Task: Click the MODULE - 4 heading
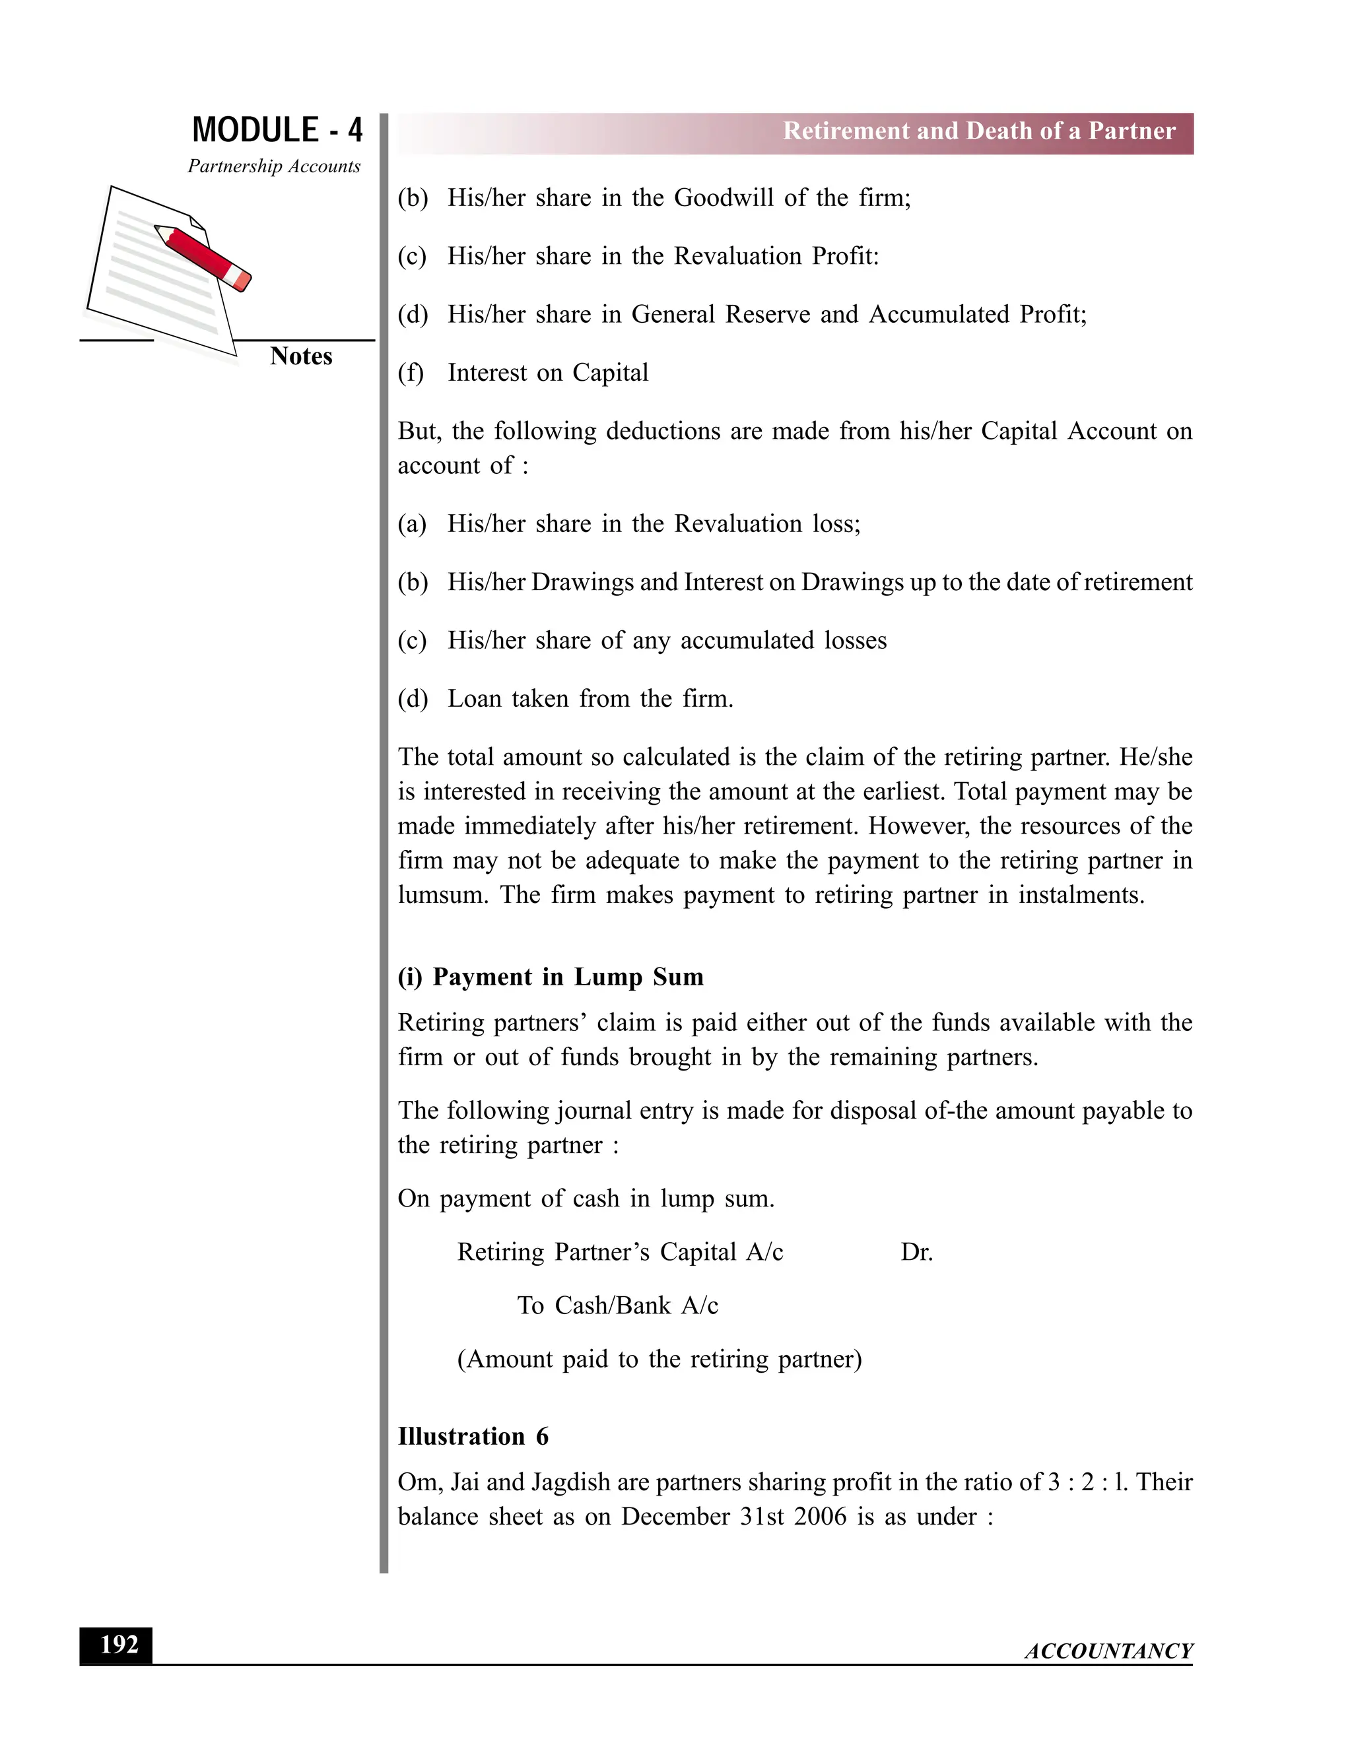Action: point(277,131)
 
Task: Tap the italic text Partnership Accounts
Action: point(274,166)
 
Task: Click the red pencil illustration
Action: point(203,256)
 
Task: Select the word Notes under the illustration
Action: point(300,356)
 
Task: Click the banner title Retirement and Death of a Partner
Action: point(979,131)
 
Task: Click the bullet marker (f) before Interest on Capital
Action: point(410,373)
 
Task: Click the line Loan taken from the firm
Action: point(590,699)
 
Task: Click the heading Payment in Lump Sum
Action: point(567,977)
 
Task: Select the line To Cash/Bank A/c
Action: point(617,1306)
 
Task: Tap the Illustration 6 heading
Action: point(473,1437)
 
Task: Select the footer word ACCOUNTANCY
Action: point(1108,1651)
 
